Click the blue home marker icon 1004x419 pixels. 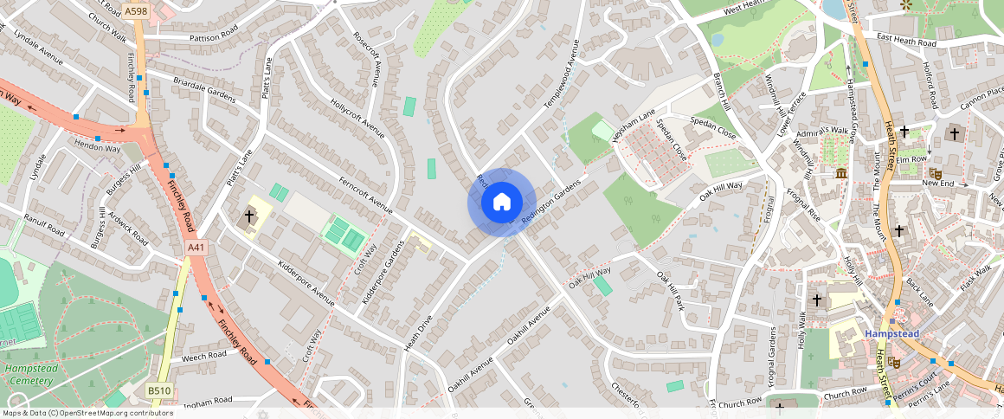click(x=501, y=203)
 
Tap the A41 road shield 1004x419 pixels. click(x=197, y=248)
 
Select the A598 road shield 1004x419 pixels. click(x=135, y=11)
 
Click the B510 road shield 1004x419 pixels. click(x=159, y=391)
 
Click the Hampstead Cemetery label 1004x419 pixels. click(x=29, y=374)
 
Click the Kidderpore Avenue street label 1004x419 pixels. click(x=306, y=283)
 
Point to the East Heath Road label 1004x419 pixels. click(x=906, y=40)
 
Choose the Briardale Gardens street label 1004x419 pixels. click(x=204, y=91)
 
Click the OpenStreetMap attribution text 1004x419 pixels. click(x=87, y=413)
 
